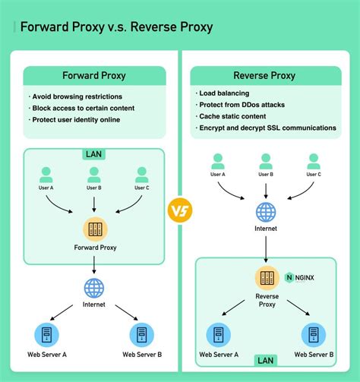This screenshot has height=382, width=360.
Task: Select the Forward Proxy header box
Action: coord(94,75)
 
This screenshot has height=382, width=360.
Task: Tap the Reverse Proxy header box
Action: coord(265,75)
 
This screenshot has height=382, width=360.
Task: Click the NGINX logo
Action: coord(300,278)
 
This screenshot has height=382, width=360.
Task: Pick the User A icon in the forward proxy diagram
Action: coord(46,175)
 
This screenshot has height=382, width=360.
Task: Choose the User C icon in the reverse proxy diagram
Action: coord(314,161)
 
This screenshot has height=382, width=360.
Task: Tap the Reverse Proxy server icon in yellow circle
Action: coord(266,278)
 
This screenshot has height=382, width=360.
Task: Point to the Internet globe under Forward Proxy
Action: coord(93,289)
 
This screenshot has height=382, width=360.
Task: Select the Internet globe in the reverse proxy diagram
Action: coord(266,211)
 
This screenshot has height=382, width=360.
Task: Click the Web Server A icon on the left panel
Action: coord(46,334)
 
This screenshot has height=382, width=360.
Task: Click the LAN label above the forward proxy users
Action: coord(93,154)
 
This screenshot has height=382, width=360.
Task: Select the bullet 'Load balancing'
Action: coord(226,93)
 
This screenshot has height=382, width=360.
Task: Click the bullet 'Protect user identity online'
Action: coord(76,120)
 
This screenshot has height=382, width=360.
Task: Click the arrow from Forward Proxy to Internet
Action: coord(93,264)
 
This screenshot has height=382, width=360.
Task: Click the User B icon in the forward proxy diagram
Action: coord(93,175)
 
